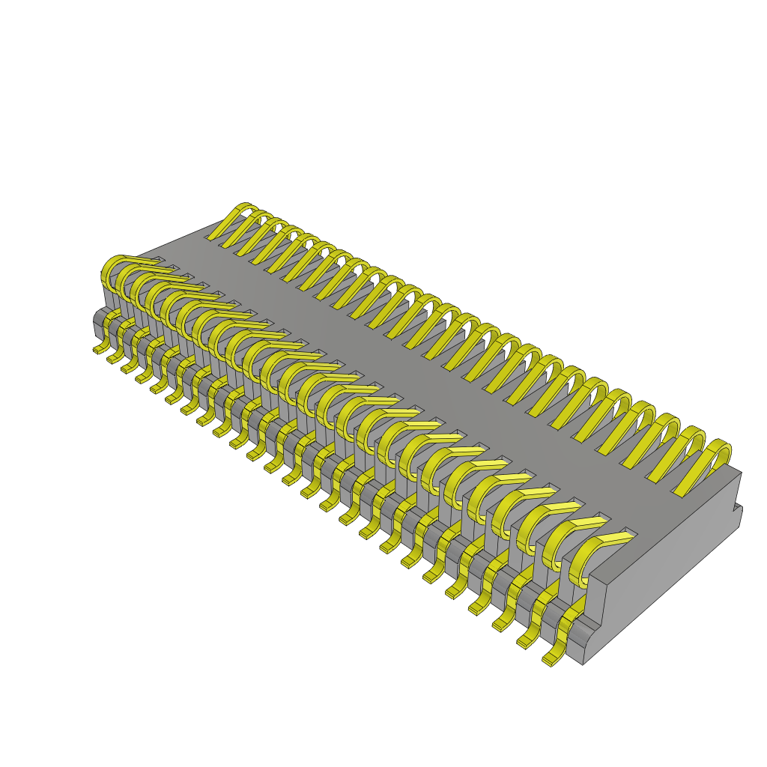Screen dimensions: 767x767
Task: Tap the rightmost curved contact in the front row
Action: point(592,558)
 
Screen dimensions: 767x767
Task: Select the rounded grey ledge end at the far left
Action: point(98,322)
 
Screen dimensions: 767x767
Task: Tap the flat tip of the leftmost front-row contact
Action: point(150,262)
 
